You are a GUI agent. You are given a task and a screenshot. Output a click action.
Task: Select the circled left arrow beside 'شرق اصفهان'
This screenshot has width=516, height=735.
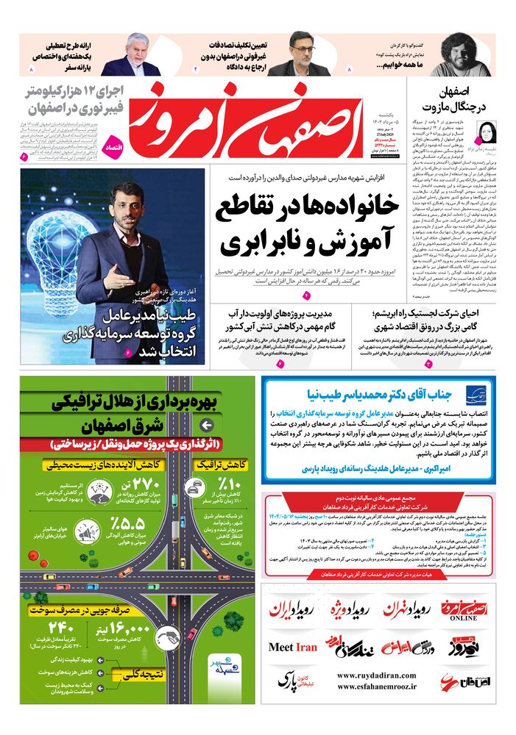(207, 426)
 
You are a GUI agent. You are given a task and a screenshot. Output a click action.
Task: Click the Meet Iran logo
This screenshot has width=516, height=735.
(292, 648)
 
